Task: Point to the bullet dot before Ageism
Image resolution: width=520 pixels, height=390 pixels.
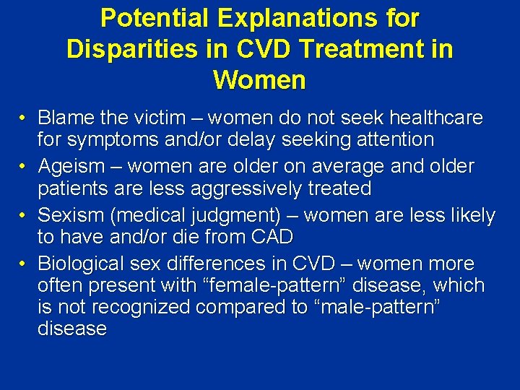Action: (24, 167)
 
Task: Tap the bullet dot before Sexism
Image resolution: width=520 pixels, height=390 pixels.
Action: (24, 216)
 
